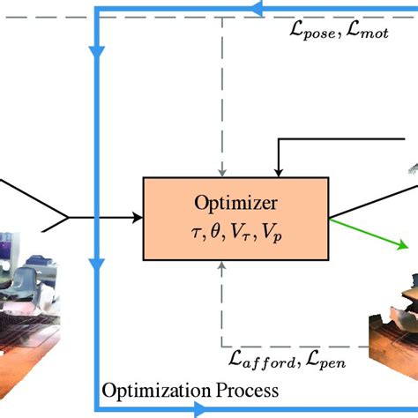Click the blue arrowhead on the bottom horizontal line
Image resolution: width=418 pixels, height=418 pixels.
click(201, 409)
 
